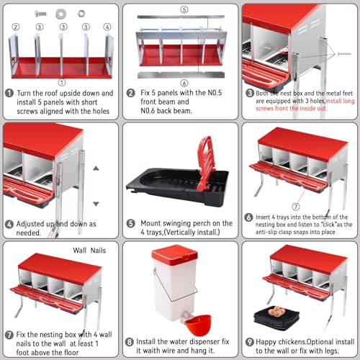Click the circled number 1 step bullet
click(9, 93)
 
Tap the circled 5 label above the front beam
click(184, 9)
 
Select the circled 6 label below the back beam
click(184, 83)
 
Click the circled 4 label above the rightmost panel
click(107, 27)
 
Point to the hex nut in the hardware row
click(82, 13)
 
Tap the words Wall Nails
click(89, 251)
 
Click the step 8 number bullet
click(129, 342)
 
